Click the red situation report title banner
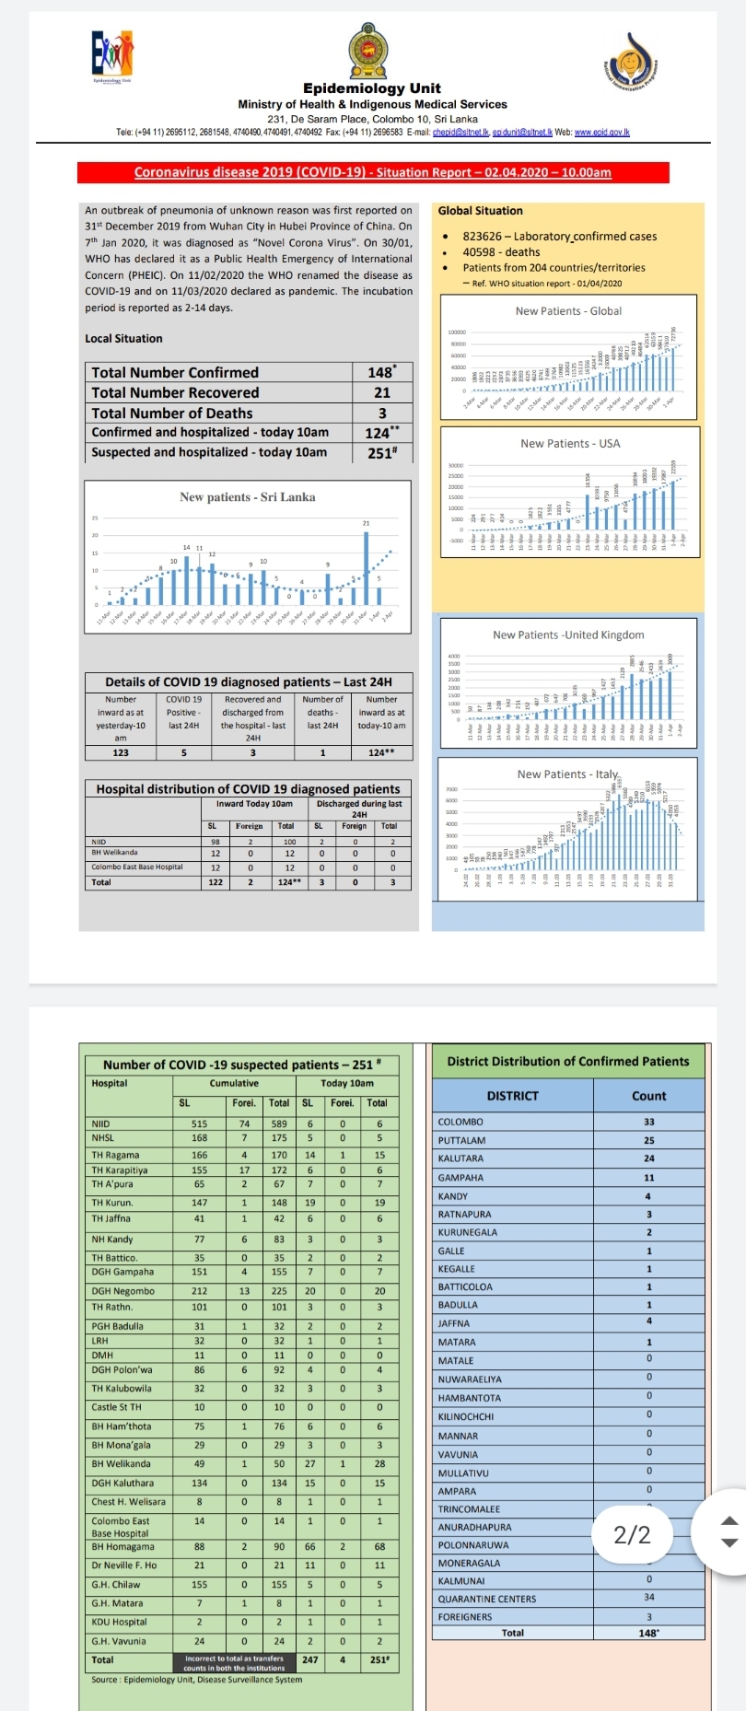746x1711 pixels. (x=373, y=172)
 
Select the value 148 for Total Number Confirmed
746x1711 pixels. (x=380, y=372)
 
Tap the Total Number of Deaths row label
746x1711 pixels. (x=172, y=413)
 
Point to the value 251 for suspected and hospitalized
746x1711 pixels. (x=380, y=452)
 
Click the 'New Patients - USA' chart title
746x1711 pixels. (x=570, y=443)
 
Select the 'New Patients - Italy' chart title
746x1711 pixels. (x=568, y=774)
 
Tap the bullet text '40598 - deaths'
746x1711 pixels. (x=501, y=251)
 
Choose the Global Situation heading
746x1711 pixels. (x=480, y=211)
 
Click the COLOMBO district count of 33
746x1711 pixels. (x=649, y=1122)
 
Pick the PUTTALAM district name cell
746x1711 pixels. (x=462, y=1140)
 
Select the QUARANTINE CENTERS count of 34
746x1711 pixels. (x=649, y=1598)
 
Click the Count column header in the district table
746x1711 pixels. (x=648, y=1096)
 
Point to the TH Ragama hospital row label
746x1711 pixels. (x=116, y=1155)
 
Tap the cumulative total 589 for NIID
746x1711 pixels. (x=279, y=1123)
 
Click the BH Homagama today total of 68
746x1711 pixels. (x=379, y=1546)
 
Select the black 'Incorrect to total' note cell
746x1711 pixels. (x=234, y=1663)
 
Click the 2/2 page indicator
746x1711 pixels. (x=633, y=1534)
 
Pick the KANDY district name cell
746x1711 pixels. (x=454, y=1196)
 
